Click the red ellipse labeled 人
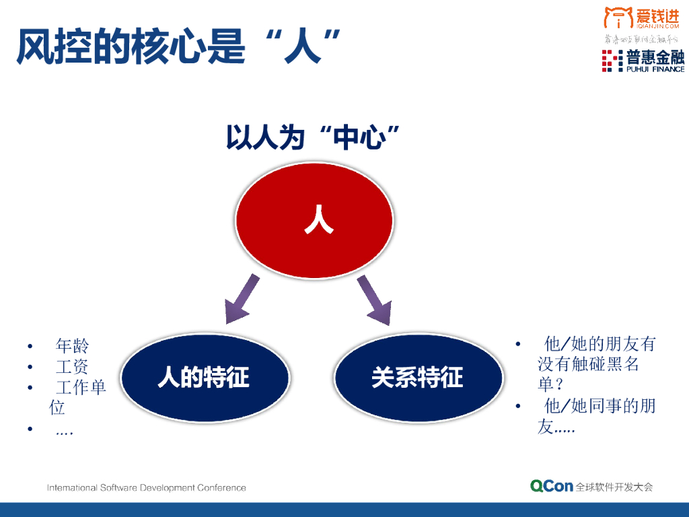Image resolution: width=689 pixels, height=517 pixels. pos(314,221)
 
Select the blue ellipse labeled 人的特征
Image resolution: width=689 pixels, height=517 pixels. pos(205,377)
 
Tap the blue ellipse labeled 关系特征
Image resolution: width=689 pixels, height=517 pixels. pos(418,377)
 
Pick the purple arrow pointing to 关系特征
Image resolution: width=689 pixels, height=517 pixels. pos(374,298)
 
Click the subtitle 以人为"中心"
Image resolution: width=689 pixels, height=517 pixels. pos(313,137)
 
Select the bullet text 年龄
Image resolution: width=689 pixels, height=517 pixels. pos(72,347)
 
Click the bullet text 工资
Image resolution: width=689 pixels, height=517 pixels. pos(72,368)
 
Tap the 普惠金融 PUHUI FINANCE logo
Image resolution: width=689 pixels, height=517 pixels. pos(643,61)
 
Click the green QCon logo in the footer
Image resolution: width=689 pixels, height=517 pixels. pos(551,486)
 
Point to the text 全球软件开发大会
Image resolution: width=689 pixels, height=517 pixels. pos(614,487)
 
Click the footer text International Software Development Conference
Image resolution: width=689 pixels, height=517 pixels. pos(147,487)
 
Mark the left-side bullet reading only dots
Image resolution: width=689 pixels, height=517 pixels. pos(65,430)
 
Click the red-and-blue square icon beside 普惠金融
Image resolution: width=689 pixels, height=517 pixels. pos(612,61)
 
